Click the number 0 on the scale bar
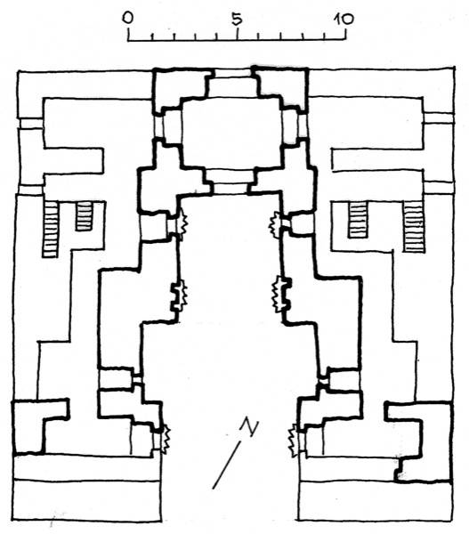click(128, 18)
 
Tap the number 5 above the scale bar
click(237, 19)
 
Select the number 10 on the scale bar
click(343, 19)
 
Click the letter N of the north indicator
click(250, 427)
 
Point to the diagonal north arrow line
click(227, 465)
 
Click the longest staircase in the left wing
click(50, 230)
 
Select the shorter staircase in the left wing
click(85, 216)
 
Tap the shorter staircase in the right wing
click(358, 220)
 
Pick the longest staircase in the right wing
click(414, 226)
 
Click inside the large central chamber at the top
click(231, 133)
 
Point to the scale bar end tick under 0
click(129, 34)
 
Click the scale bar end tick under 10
click(345, 34)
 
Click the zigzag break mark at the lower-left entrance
click(166, 440)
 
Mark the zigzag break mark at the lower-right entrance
click(293, 441)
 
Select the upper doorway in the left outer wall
click(31, 124)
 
